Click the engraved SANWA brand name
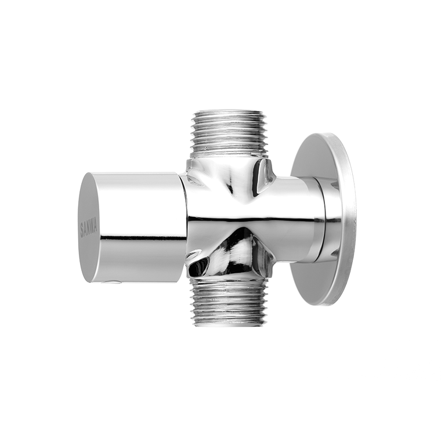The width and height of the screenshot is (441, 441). click(89, 228)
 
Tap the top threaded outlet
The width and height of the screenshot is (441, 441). click(230, 135)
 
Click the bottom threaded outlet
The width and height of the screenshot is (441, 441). click(230, 302)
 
